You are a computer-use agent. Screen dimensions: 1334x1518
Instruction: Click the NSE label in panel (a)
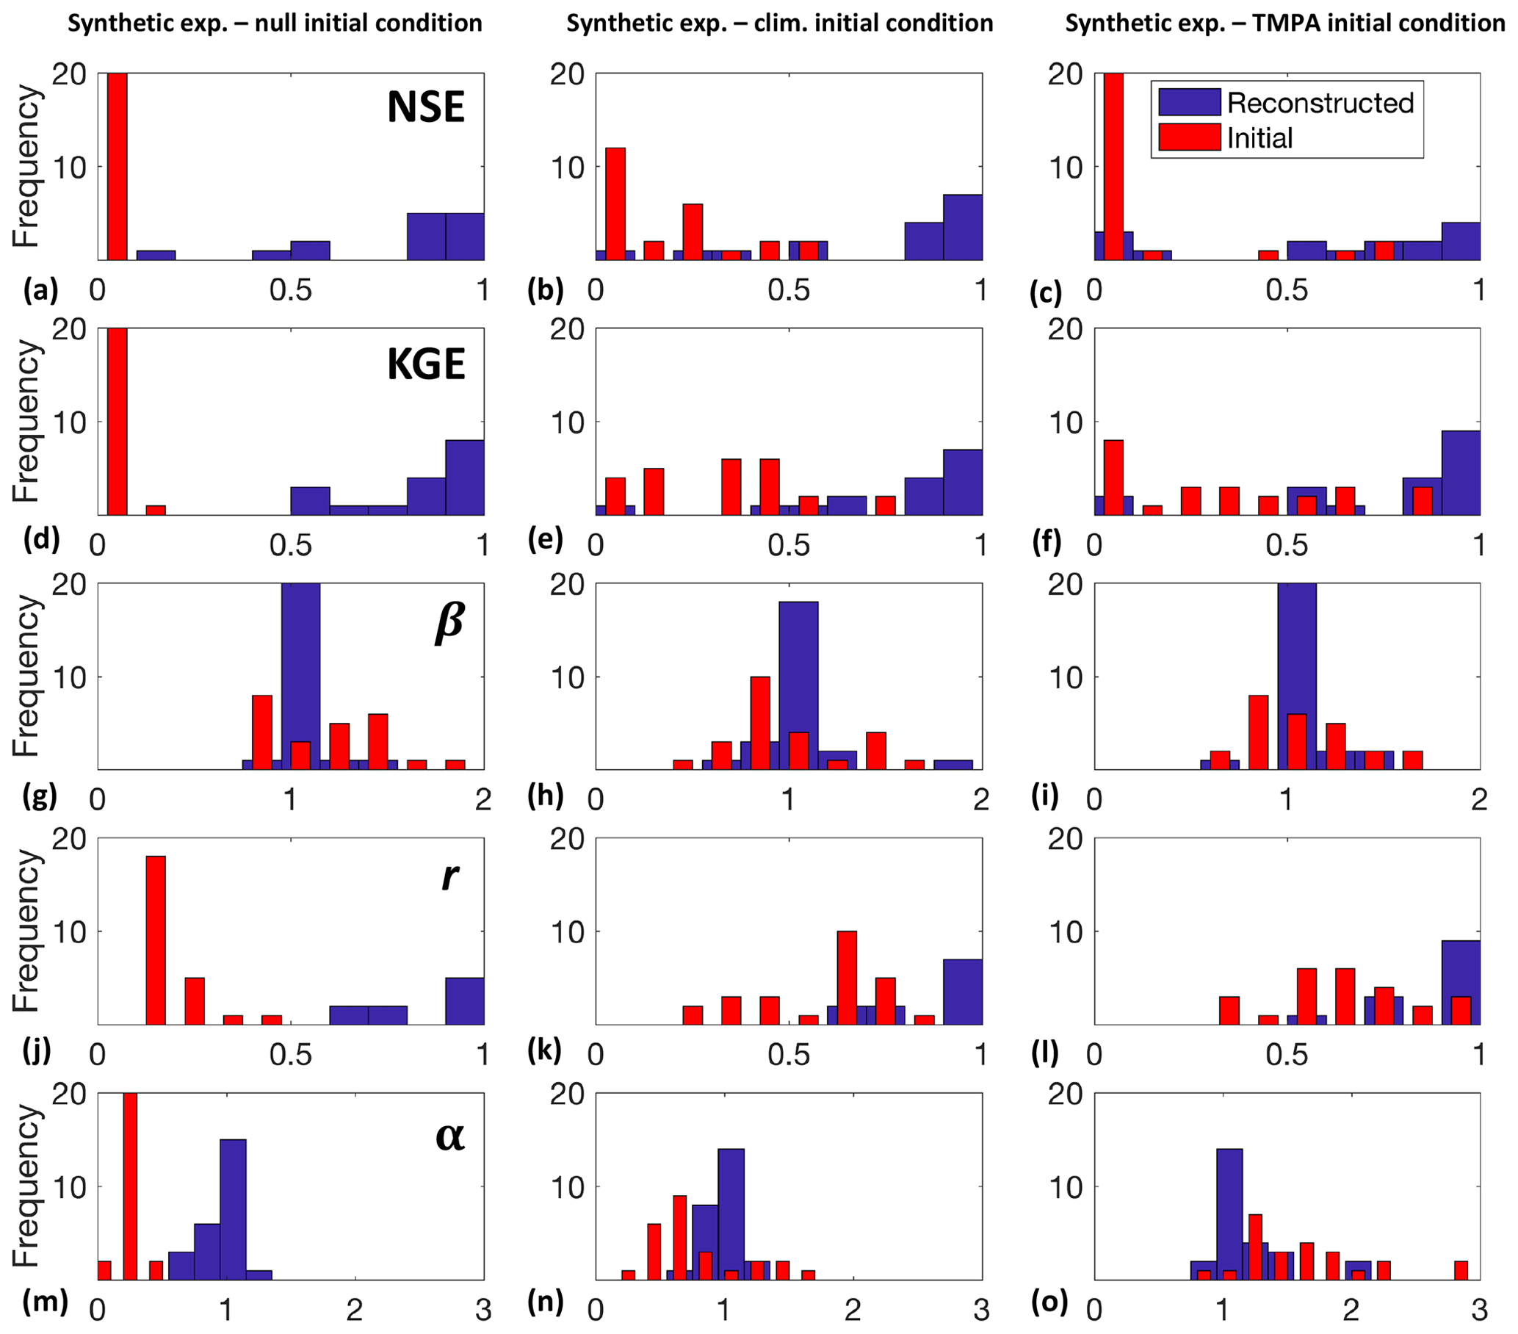coord(425,107)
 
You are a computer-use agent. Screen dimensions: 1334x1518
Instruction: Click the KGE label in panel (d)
coord(425,364)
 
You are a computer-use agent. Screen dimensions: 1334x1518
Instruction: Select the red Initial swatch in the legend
coord(1189,137)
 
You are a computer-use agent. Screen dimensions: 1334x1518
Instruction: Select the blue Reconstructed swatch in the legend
coord(1189,103)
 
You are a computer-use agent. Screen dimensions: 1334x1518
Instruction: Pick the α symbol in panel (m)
coord(450,1136)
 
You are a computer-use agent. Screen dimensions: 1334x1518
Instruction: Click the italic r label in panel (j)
coord(449,876)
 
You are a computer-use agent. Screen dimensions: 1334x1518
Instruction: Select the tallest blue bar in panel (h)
coord(798,685)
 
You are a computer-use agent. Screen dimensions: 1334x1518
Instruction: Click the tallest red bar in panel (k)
coord(847,978)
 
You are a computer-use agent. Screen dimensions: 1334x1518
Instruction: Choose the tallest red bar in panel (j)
coord(156,940)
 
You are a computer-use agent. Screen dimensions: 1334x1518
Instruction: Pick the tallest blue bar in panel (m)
coord(234,1209)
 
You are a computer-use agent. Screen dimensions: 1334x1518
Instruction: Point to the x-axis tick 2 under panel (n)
coord(853,1310)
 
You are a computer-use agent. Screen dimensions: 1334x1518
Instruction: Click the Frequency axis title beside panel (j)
coord(25,931)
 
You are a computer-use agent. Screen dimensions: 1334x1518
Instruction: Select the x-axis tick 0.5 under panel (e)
coord(789,546)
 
